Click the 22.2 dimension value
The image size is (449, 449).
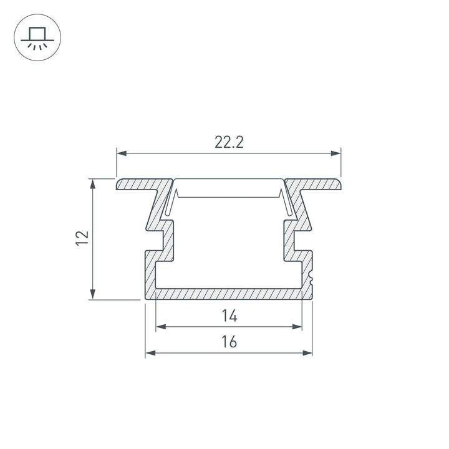point(229,142)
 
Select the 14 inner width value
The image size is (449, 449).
point(229,316)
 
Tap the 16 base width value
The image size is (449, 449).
point(229,342)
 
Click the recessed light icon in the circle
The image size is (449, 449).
point(37,37)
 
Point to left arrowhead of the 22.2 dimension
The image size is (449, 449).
point(120,153)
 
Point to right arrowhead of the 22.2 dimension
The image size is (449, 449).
point(337,153)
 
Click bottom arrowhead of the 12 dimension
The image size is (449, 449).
point(93,296)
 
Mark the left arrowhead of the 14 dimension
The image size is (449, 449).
point(160,326)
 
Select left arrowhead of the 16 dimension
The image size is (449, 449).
point(150,353)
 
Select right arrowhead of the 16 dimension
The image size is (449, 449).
point(308,353)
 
